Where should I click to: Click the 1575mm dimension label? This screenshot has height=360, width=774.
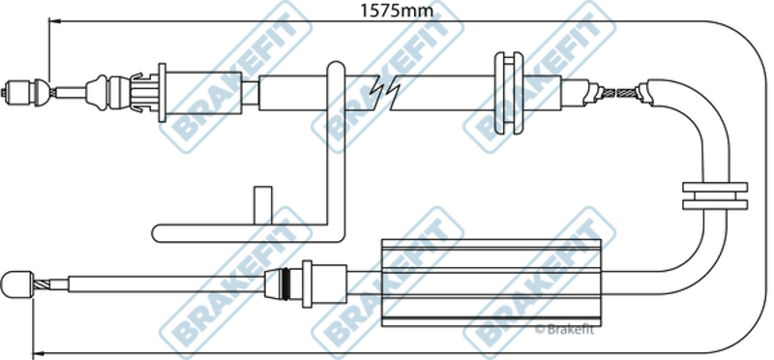click(397, 10)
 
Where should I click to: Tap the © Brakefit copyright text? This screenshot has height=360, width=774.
click(564, 330)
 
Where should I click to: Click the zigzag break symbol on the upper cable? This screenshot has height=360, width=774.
click(388, 92)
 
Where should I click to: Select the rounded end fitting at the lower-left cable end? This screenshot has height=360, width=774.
click(17, 285)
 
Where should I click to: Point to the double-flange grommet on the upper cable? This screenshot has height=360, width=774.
click(509, 93)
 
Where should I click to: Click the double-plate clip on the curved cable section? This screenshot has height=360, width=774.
click(715, 196)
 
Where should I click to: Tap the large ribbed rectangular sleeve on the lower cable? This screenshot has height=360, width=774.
click(492, 283)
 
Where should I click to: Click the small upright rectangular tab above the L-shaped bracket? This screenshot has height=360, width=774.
click(262, 205)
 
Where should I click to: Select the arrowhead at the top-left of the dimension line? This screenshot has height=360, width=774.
click(54, 21)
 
